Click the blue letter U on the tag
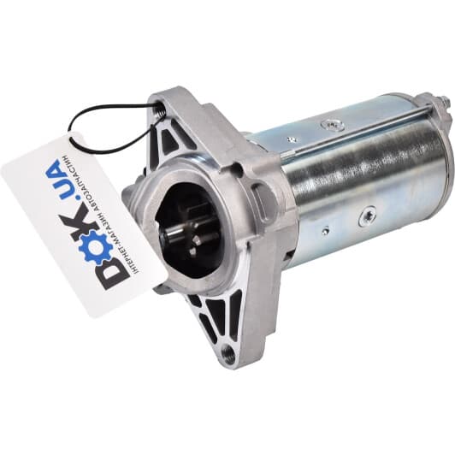click(x=61, y=178)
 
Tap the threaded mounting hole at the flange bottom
click(x=228, y=352)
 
